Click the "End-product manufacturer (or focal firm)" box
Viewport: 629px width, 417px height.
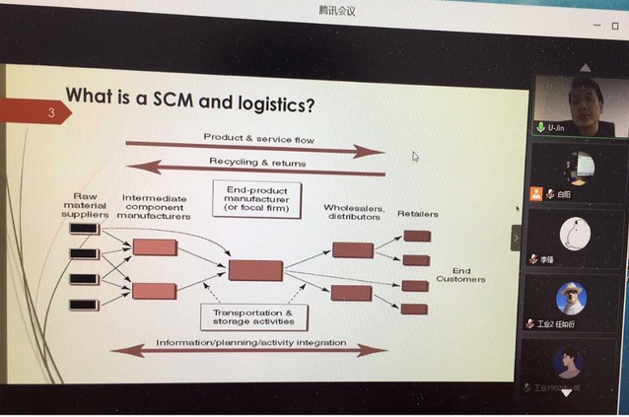(256, 197)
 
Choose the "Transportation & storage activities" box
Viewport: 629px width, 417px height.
(252, 315)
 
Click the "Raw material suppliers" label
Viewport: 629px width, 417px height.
(85, 205)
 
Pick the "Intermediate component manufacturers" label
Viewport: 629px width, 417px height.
(155, 206)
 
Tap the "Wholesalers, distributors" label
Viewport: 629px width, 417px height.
(353, 212)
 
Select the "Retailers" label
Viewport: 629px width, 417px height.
(417, 213)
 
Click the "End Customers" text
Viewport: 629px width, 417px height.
(460, 275)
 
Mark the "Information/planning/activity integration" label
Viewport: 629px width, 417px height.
(250, 343)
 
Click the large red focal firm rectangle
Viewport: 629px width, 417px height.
(255, 270)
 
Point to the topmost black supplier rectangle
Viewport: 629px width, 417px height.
(84, 229)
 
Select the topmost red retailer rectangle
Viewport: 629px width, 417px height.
(416, 236)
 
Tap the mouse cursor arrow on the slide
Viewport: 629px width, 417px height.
(416, 156)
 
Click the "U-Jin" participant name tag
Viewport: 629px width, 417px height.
(556, 128)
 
